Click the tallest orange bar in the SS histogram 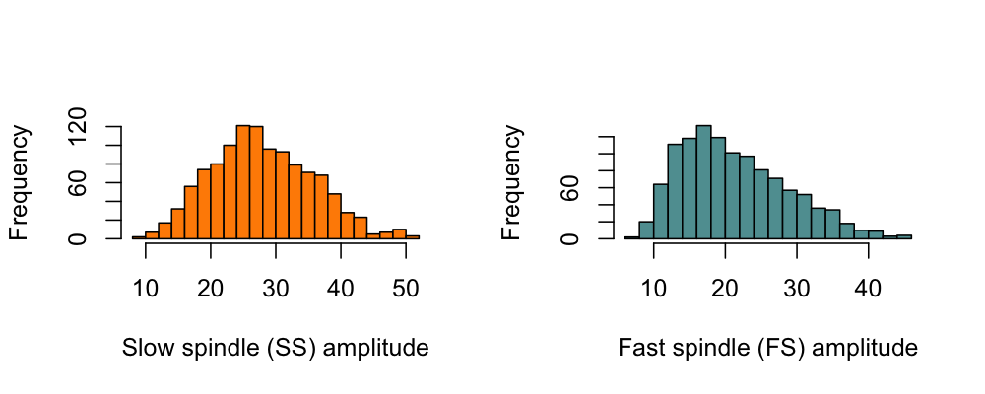pos(243,182)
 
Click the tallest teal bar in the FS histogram pos(703,182)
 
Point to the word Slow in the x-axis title pos(143,348)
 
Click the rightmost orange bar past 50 pos(413,237)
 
